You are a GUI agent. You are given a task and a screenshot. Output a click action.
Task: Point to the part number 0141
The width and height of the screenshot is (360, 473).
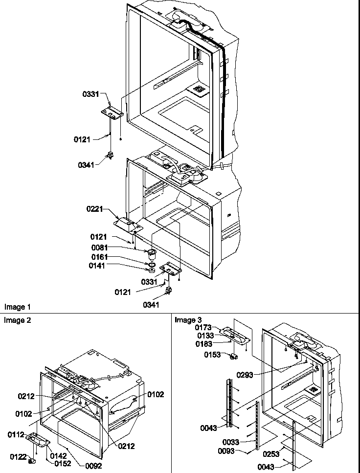point(97,266)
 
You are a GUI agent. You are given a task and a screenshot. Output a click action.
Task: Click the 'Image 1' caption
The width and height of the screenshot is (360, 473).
point(18,307)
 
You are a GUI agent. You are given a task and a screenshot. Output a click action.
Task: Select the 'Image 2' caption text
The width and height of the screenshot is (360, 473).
point(18,320)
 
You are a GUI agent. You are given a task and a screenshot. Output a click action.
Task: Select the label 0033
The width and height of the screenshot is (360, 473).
point(230,442)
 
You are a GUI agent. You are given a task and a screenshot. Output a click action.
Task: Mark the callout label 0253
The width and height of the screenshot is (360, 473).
point(271,454)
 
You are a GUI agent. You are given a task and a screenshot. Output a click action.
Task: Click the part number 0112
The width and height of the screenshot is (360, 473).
point(16,434)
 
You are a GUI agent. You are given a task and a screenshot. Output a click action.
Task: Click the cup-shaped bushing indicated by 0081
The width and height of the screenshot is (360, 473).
point(151,254)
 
